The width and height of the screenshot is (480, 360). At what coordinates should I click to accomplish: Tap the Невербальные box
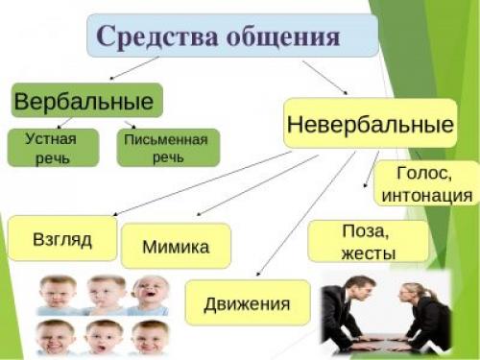point(370,123)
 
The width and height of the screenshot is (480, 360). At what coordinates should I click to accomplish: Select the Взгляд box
point(62,239)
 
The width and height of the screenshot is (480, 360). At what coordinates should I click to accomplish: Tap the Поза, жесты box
point(354,241)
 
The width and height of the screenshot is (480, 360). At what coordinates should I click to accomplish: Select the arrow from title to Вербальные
point(134,69)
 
